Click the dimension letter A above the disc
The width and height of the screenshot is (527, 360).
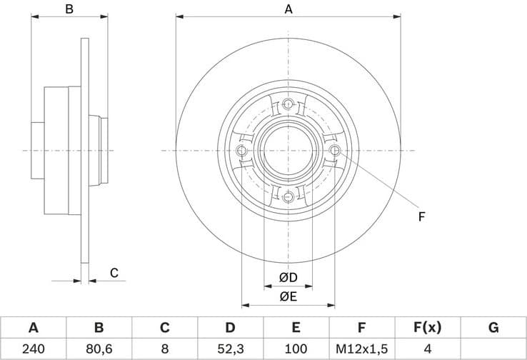click(x=288, y=9)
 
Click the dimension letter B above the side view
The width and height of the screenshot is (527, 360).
click(x=69, y=9)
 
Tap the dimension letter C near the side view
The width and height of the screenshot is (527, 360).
click(x=114, y=272)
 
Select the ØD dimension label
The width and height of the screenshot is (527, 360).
click(x=288, y=276)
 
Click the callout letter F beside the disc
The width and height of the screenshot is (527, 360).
click(x=421, y=216)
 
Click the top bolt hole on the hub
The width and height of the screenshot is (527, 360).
click(x=288, y=104)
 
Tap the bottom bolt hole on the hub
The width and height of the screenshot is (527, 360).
click(x=288, y=197)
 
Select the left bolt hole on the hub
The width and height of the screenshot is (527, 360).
click(x=241, y=151)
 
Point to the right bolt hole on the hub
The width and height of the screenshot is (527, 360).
click(x=336, y=150)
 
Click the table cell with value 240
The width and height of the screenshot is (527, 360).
click(x=33, y=349)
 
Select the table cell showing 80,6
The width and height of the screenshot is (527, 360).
click(x=99, y=349)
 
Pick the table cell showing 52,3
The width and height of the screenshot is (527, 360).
click(x=230, y=349)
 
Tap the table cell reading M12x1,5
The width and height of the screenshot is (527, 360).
click(x=361, y=349)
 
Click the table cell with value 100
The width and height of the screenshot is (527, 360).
click(x=296, y=349)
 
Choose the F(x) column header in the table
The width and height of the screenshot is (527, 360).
click(x=427, y=328)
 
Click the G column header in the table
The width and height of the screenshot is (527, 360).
click(x=493, y=328)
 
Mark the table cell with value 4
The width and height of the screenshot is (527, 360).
click(x=427, y=349)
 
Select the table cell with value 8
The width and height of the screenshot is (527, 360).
click(x=164, y=349)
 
